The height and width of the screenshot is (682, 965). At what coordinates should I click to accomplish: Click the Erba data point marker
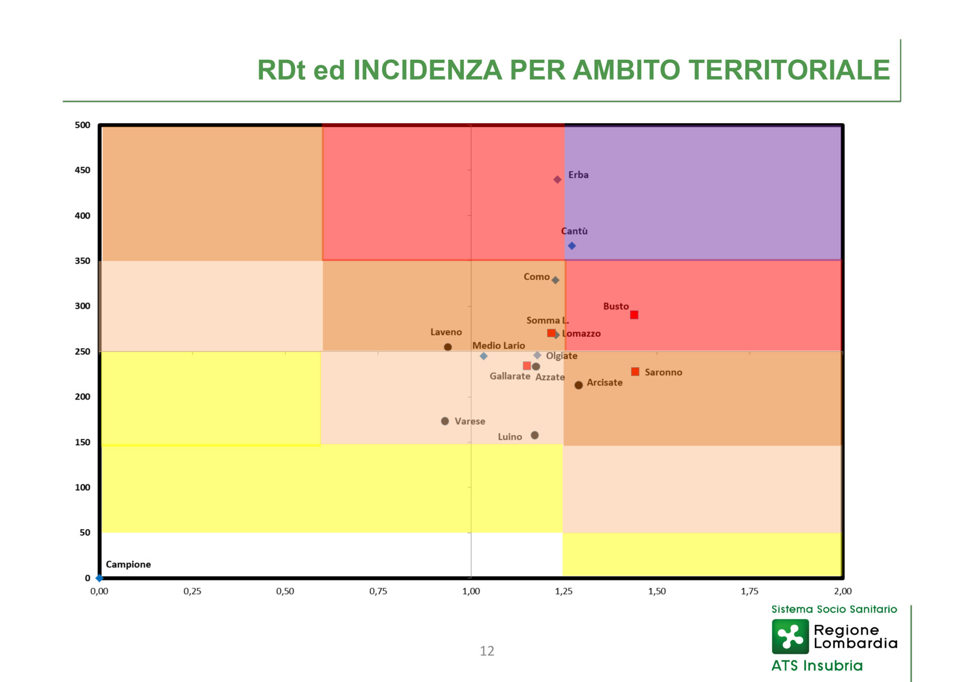557,179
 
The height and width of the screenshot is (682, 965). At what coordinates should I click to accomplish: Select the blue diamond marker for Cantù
571,246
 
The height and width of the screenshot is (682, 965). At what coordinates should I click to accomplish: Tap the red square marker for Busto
634,315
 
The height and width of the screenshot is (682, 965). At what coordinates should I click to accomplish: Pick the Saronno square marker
635,371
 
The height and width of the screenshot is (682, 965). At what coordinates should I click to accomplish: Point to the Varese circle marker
445,421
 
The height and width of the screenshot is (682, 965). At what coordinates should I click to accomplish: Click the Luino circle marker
535,435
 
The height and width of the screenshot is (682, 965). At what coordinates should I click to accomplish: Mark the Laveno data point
448,347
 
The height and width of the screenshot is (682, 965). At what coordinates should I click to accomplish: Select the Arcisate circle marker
578,385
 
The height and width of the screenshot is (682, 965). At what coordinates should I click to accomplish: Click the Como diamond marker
555,280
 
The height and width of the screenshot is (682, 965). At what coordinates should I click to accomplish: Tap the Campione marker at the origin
100,578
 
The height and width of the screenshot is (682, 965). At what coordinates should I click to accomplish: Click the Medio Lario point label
498,345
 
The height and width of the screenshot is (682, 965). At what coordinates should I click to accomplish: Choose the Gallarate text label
510,376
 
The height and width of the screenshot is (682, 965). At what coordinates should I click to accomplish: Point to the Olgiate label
561,356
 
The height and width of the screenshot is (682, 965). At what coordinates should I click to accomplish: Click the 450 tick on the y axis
82,170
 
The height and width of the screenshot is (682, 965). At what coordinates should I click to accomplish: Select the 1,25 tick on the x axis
564,591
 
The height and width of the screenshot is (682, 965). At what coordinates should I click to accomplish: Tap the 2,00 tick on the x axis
842,591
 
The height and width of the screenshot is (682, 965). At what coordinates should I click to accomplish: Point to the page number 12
487,651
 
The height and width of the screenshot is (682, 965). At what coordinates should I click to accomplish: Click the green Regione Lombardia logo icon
790,636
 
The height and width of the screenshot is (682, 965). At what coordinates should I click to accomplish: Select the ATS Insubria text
817,665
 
